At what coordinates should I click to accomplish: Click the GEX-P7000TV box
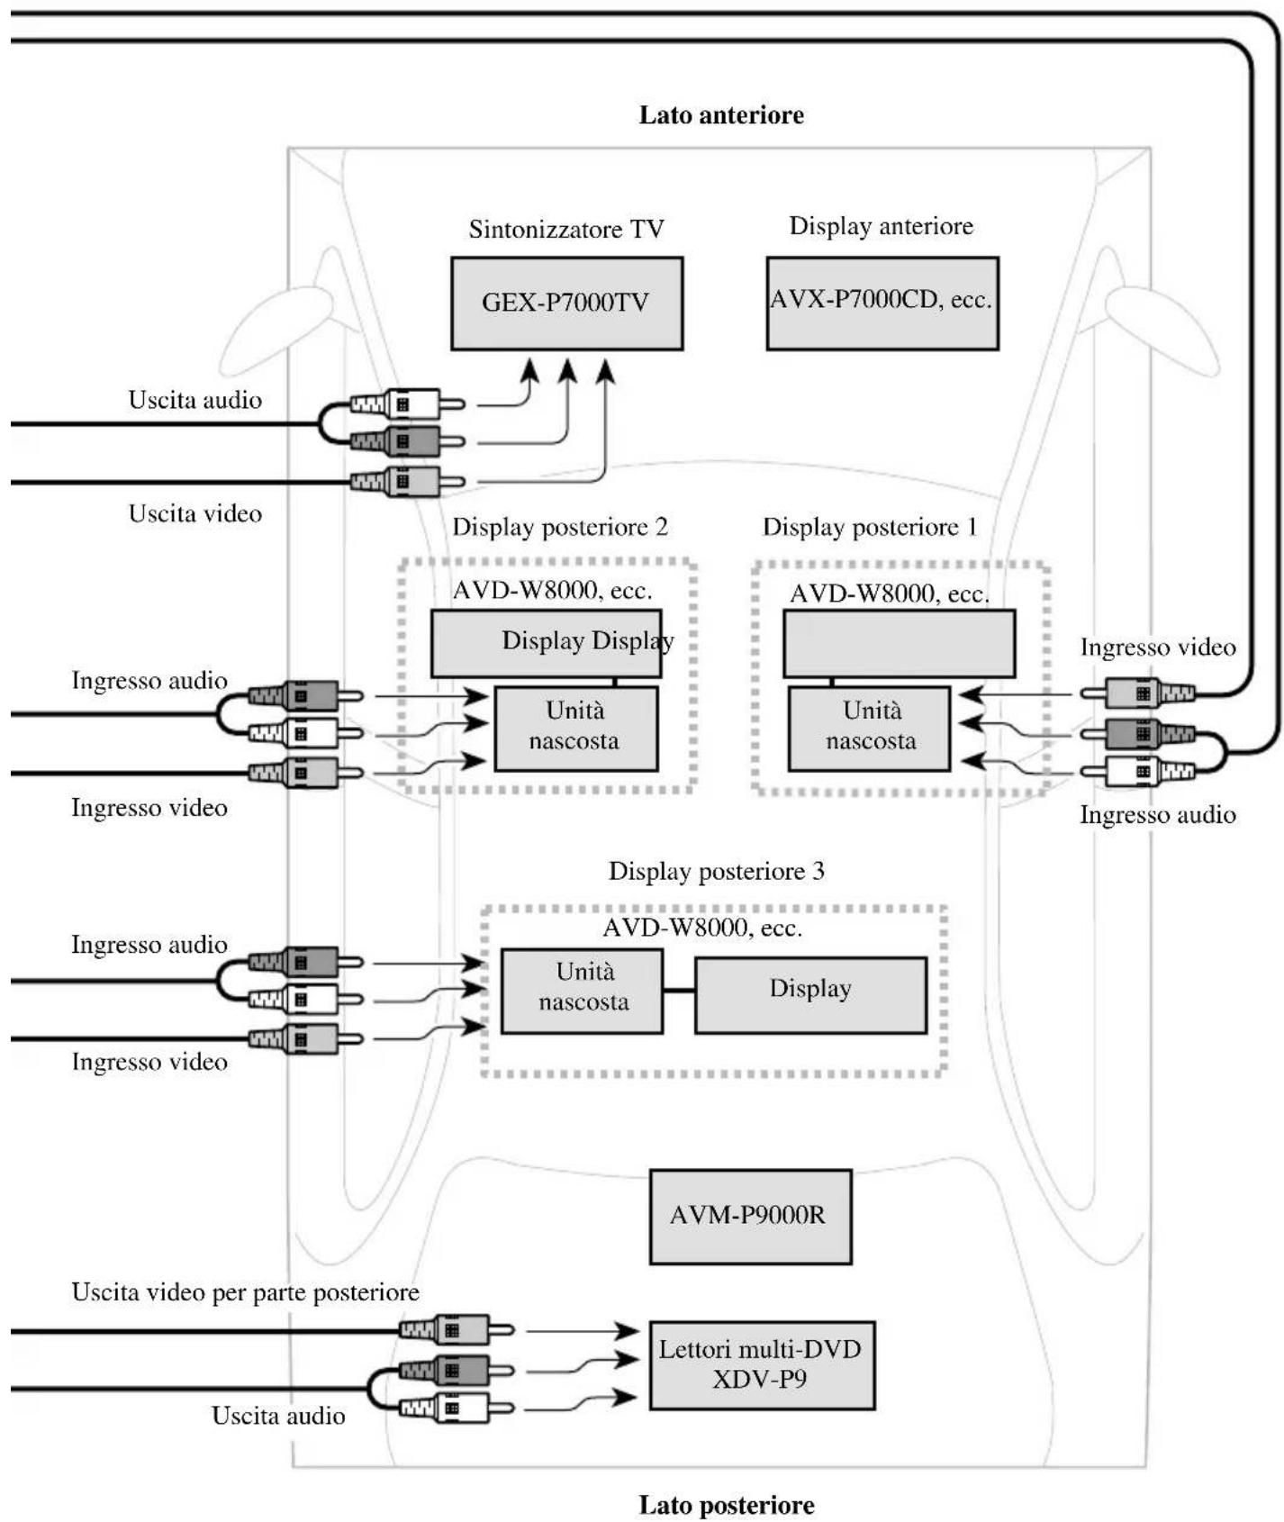point(566,303)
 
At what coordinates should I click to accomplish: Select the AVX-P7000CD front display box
point(882,303)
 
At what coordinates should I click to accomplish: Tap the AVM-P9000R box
point(750,1217)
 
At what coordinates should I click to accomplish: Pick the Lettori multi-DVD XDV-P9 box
point(762,1365)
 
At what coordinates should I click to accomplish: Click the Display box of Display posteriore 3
point(810,994)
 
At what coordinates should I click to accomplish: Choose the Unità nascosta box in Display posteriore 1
point(869,729)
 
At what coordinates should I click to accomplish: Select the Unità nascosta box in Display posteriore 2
point(575,729)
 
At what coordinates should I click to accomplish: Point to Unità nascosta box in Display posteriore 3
point(582,991)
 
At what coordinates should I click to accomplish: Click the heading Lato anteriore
point(721,115)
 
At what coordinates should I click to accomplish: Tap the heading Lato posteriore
point(727,1505)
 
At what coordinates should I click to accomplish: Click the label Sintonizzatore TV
point(566,229)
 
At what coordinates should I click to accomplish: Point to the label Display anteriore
point(882,226)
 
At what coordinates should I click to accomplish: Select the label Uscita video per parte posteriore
point(246,1292)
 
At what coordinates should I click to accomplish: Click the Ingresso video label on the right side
point(1158,648)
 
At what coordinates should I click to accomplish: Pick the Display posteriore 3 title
point(717,871)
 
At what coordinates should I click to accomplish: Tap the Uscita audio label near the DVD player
point(278,1416)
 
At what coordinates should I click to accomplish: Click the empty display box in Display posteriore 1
point(900,643)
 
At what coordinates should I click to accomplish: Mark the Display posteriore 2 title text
point(560,527)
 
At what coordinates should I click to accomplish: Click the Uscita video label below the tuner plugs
point(195,513)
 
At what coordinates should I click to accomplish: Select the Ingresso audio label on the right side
point(1158,815)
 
